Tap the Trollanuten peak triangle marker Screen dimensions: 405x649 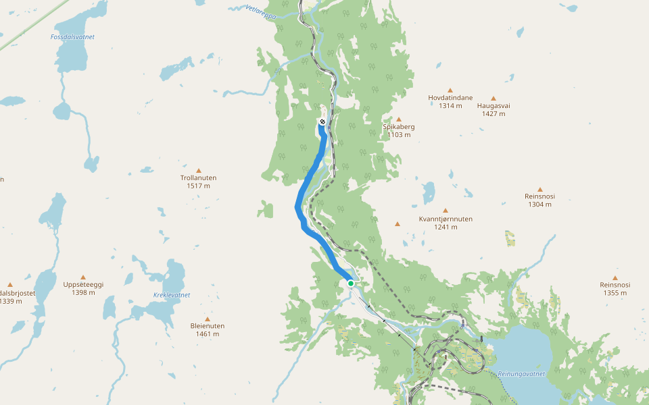pyautogui.click(x=199, y=170)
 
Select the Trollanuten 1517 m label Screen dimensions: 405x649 pyautogui.click(x=199, y=182)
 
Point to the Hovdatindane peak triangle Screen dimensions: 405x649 pyautogui.click(x=450, y=90)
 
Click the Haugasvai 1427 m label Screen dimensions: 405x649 pyautogui.click(x=494, y=109)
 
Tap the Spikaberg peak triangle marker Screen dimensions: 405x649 pyautogui.click(x=399, y=119)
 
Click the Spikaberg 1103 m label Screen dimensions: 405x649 pyautogui.click(x=399, y=130)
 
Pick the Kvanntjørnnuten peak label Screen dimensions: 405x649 pyautogui.click(x=446, y=223)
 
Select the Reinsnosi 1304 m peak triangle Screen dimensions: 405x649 pyautogui.click(x=539, y=190)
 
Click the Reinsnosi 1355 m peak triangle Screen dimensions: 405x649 pyautogui.click(x=615, y=277)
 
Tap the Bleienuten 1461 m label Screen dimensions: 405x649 pyautogui.click(x=208, y=329)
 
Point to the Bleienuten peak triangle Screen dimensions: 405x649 pyautogui.click(x=208, y=319)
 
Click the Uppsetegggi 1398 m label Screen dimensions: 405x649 pyautogui.click(x=83, y=288)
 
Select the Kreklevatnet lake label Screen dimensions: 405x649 pyautogui.click(x=172, y=295)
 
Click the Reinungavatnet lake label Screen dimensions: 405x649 pyautogui.click(x=521, y=373)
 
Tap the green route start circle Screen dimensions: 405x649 pyautogui.click(x=351, y=283)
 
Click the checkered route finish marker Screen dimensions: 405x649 pyautogui.click(x=322, y=122)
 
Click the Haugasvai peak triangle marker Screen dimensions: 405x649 pyautogui.click(x=494, y=99)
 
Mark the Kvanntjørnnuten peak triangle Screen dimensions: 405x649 pyautogui.click(x=446, y=211)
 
